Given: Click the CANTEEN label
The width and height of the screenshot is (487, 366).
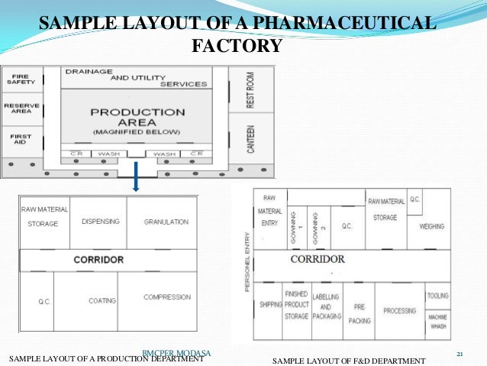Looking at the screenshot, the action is (x=250, y=137).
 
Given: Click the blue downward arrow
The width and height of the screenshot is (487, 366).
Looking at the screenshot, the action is (x=134, y=180).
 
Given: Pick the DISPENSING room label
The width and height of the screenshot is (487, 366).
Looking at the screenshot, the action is (x=100, y=222).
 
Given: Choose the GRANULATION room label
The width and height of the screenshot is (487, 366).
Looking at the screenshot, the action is (x=166, y=222).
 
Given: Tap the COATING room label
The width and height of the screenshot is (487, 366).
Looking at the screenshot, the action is (x=102, y=300).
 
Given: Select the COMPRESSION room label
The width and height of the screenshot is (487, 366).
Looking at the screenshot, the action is (x=166, y=297).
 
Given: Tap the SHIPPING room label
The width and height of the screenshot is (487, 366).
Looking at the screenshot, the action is (x=270, y=303).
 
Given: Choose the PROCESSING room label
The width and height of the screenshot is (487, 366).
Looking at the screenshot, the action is (x=400, y=311).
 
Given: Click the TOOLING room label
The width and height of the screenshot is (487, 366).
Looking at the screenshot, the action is (x=438, y=296).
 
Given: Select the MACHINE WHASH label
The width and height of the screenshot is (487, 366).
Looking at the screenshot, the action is (x=438, y=322).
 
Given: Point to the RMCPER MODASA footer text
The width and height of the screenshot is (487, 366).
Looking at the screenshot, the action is (x=176, y=351).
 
